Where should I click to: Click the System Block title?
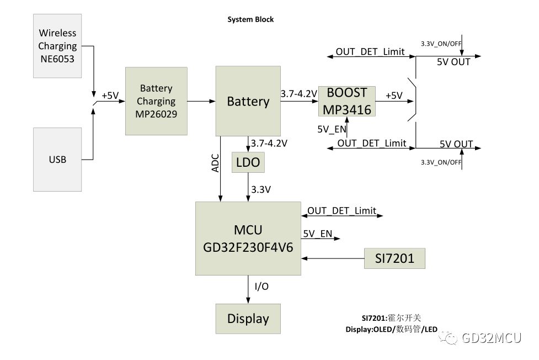tap(250, 19)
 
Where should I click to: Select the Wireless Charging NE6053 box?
tap(57, 46)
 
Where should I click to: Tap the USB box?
tap(57, 160)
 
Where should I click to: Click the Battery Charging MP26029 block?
tap(156, 102)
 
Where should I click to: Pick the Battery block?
tap(248, 101)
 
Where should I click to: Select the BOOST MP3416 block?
tap(347, 101)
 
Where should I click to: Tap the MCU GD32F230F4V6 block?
tap(248, 239)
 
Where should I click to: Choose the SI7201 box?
tap(394, 258)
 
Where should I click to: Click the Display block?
tap(248, 319)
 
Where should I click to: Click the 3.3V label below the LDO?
tap(260, 189)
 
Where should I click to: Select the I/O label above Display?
tap(262, 287)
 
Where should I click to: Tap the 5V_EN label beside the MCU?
tap(317, 234)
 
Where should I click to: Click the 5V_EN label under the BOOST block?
tap(332, 129)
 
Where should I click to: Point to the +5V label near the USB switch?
tap(110, 96)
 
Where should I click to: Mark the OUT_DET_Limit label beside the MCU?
tap(341, 210)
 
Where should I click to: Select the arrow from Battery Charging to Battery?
tap(201, 101)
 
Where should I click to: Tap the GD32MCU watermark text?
tap(490, 338)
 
